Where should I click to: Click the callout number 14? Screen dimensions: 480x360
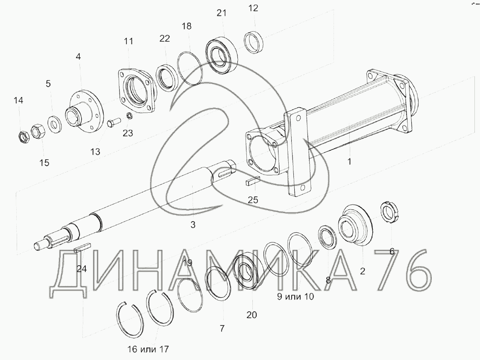[x=18, y=100]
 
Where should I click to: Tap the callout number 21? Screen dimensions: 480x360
[x=222, y=13]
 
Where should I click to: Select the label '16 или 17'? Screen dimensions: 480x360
[x=148, y=349]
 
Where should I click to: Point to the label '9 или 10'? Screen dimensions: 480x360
[x=296, y=296]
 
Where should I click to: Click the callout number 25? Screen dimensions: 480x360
[x=253, y=200]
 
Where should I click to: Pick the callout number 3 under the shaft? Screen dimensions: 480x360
[x=193, y=225]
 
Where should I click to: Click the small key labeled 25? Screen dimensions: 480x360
[x=253, y=181]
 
